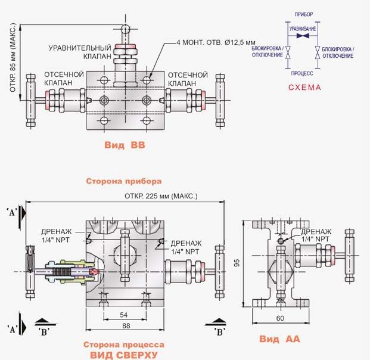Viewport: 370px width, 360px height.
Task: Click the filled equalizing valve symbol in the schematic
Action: point(303,36)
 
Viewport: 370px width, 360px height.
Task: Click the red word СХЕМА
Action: point(304,88)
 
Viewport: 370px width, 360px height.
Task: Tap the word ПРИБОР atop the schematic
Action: point(304,14)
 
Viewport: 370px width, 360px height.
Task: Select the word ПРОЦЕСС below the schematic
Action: point(302,73)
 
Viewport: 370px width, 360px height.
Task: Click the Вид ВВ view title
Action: point(125,145)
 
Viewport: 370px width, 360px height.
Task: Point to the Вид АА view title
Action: point(279,339)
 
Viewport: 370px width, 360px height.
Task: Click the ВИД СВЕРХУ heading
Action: point(124,355)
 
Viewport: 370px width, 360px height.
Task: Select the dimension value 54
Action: point(124,315)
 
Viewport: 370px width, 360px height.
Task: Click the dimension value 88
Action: point(126,326)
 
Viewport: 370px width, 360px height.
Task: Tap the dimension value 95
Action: point(237,263)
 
